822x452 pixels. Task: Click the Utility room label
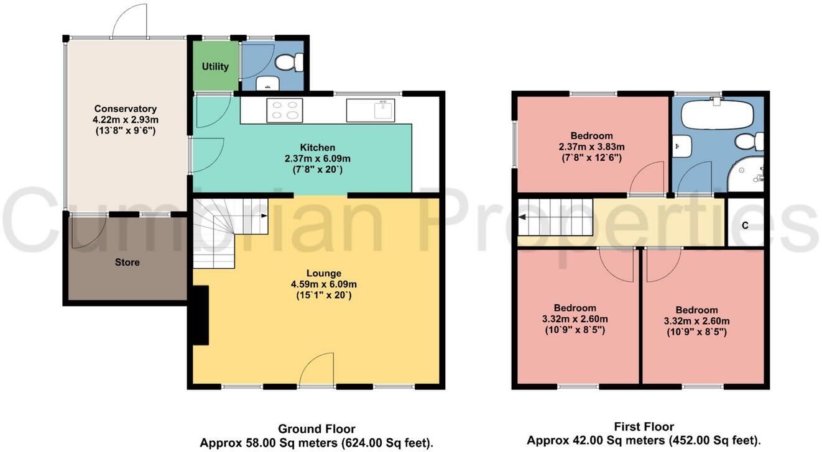tap(215, 66)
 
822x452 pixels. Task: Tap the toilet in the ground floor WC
tap(289, 62)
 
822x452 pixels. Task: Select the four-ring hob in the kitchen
tap(285, 111)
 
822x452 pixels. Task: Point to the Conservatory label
tap(125, 109)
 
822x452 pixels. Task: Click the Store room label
tap(127, 262)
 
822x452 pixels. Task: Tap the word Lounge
tap(323, 273)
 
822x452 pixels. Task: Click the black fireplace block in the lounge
tap(200, 315)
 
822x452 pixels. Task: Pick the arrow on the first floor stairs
tap(522, 217)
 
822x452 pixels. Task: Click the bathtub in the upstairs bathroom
tap(717, 115)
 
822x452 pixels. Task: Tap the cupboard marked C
tap(745, 225)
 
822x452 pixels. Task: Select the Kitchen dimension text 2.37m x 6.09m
tap(317, 158)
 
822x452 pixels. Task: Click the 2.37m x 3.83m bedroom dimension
tap(591, 147)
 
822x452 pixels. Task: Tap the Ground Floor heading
tap(316, 429)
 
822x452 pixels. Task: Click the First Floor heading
tap(644, 427)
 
